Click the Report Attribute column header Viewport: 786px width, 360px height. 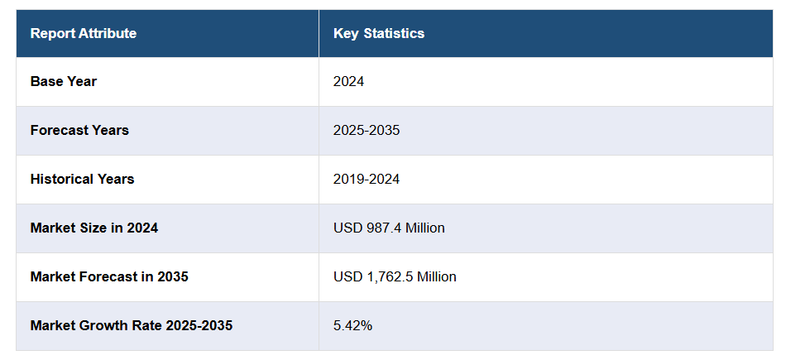pyautogui.click(x=83, y=33)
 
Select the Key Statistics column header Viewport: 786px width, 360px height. pyautogui.click(x=379, y=33)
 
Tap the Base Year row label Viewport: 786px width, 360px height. pyautogui.click(x=64, y=81)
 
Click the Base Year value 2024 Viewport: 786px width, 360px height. pyautogui.click(x=348, y=81)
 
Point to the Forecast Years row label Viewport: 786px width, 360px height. pyautogui.click(x=79, y=130)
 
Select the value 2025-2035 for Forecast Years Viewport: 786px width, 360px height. pyautogui.click(x=367, y=130)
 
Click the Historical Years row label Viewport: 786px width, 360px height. pyautogui.click(x=82, y=179)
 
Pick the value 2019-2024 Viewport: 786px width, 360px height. pyautogui.click(x=367, y=179)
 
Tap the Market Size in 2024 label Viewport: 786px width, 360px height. pyautogui.click(x=93, y=228)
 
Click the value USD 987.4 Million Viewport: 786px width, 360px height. pyautogui.click(x=389, y=228)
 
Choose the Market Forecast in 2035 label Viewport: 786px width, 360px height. pyautogui.click(x=109, y=276)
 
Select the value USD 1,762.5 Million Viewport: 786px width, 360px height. pyautogui.click(x=395, y=276)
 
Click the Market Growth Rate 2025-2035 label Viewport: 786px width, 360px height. pyautogui.click(x=131, y=325)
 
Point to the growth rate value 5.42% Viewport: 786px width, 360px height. pyautogui.click(x=352, y=325)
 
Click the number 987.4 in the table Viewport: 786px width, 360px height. pyautogui.click(x=381, y=228)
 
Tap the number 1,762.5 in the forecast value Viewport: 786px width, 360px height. pyautogui.click(x=387, y=276)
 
